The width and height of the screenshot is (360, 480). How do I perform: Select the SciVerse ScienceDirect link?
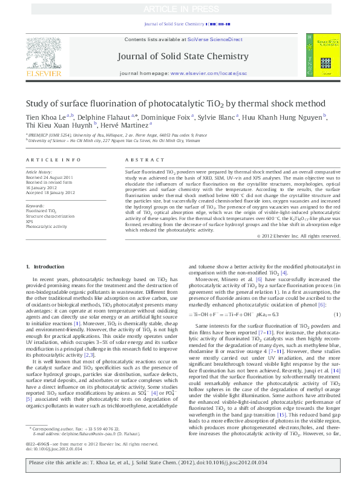(215, 39)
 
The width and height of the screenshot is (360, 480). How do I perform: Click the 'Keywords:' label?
(35, 206)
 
